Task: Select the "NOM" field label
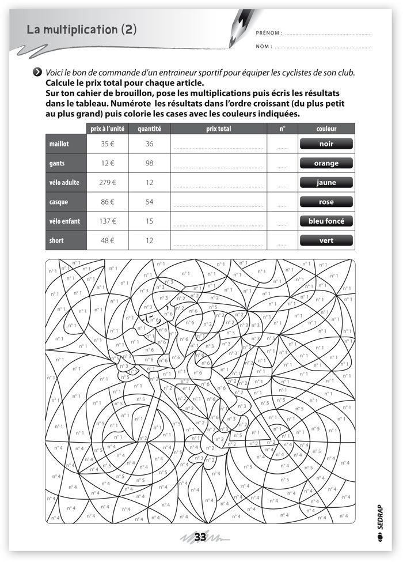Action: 264,47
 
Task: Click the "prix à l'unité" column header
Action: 108,129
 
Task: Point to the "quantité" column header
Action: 149,129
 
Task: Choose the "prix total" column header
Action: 218,129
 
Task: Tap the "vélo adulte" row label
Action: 64,183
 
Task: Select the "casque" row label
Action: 59,202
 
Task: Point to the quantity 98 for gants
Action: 149,163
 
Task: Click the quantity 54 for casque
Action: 149,202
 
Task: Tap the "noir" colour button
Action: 326,144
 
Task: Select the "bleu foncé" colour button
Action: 326,221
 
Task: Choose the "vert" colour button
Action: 326,240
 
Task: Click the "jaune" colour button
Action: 326,183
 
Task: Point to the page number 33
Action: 200,537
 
